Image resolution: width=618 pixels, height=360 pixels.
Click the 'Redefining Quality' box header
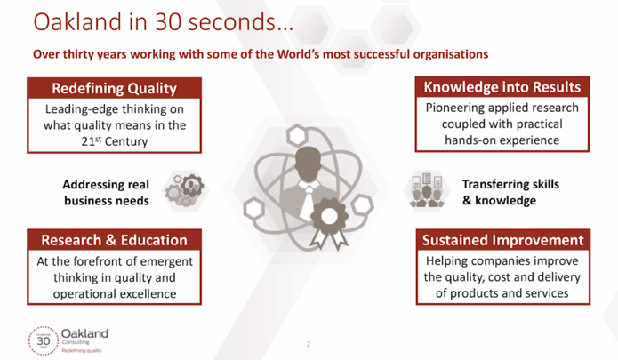115,88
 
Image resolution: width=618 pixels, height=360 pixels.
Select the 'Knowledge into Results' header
502,87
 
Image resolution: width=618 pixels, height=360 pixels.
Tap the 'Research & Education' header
115,240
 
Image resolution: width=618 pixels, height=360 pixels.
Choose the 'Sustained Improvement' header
503,240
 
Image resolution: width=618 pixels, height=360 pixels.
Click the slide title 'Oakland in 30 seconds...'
164,22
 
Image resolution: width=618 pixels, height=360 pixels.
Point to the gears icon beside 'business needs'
184,190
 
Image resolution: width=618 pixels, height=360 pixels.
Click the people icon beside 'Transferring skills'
427,190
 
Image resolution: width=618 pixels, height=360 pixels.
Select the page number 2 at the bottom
309,344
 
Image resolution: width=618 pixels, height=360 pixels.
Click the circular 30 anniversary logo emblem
44,340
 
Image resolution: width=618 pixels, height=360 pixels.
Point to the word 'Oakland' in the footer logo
84,333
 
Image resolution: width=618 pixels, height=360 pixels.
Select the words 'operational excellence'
115,294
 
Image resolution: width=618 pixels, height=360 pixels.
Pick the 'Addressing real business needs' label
106,193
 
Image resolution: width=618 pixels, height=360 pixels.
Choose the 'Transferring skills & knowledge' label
510,192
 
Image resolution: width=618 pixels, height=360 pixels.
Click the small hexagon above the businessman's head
297,135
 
